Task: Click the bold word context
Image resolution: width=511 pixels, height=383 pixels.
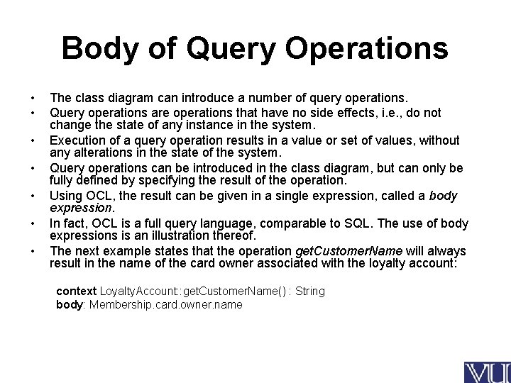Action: click(x=77, y=292)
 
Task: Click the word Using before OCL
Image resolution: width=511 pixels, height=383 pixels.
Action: click(x=65, y=196)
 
